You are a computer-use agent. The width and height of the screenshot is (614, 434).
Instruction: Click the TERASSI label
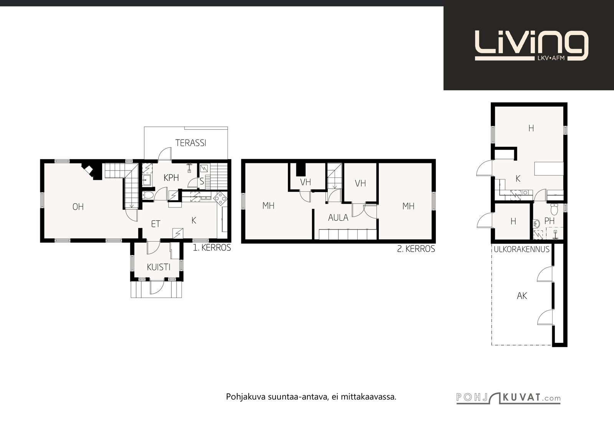tap(191, 143)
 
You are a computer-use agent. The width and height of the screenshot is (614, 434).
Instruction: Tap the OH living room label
tap(78, 207)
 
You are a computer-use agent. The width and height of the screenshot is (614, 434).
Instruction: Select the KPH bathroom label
tap(171, 178)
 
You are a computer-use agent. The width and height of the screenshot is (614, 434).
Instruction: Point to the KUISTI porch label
tap(159, 267)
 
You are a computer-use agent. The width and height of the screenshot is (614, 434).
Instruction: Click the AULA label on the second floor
tap(338, 218)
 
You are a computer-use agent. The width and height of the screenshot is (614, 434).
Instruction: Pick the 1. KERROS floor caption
tap(212, 248)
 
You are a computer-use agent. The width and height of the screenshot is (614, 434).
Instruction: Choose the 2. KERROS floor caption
tap(416, 248)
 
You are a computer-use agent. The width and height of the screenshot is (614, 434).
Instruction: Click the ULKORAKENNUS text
tap(522, 249)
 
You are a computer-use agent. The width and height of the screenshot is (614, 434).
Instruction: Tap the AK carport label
tap(522, 296)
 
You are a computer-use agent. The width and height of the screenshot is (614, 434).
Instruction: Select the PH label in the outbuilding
tap(550, 221)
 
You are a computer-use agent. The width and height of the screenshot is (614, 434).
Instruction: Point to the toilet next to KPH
tap(148, 195)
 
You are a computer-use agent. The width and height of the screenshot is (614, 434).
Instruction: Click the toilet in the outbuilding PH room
tap(554, 209)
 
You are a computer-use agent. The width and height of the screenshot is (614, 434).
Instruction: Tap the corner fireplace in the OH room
tap(90, 171)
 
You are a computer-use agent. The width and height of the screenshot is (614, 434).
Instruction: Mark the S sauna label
tap(202, 181)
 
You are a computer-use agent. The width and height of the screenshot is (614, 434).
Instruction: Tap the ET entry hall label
tap(155, 224)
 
